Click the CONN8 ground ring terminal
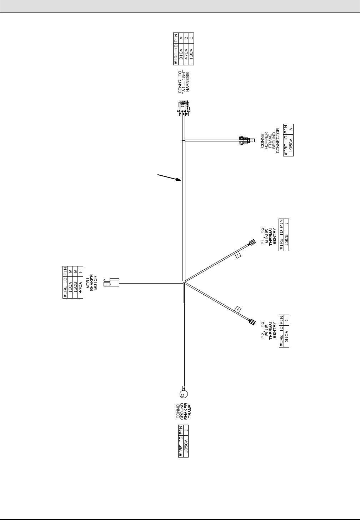point(184,393)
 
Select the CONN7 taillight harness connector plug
point(183,108)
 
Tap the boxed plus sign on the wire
point(238,309)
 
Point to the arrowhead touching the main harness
point(180,180)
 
